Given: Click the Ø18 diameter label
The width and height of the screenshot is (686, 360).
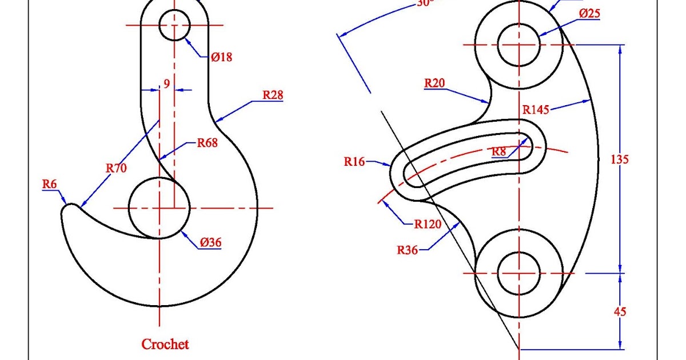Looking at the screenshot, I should tap(221, 57).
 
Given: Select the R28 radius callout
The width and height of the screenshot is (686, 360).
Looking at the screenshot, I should tap(273, 95).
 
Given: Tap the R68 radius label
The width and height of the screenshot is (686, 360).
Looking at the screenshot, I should tap(207, 143).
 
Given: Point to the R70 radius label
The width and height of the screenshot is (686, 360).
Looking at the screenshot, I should tap(117, 168).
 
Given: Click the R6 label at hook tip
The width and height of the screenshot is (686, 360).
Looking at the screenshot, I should tap(50, 184).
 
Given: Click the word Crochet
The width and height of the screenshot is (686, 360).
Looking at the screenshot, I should tap(165, 344).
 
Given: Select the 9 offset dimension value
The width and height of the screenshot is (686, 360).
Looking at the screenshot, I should tap(166, 84).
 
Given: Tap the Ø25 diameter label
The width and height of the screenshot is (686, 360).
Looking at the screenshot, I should tap(589, 13).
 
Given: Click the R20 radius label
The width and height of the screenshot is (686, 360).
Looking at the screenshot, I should tap(434, 83).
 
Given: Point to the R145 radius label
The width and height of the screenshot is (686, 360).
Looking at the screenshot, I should tap(536, 109).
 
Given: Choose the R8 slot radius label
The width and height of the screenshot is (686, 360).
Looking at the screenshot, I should tap(499, 151).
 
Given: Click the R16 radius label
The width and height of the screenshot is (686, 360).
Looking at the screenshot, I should tap(354, 162).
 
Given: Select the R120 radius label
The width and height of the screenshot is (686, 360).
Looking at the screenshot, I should tap(428, 224).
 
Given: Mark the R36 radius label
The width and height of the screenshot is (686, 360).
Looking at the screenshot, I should tap(408, 249).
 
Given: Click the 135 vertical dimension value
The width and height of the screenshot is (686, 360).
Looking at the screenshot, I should tap(620, 159).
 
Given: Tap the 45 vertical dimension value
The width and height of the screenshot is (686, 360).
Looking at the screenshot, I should tap(620, 311).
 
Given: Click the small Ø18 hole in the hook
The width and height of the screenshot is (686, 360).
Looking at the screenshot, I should tap(174, 25).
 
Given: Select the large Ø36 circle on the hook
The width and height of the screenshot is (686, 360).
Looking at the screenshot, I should tap(159, 207).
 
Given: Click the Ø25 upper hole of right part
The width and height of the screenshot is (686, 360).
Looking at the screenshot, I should tap(519, 45).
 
